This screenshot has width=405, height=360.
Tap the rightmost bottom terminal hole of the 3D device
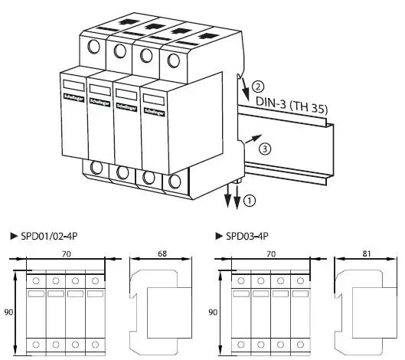[177, 182]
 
